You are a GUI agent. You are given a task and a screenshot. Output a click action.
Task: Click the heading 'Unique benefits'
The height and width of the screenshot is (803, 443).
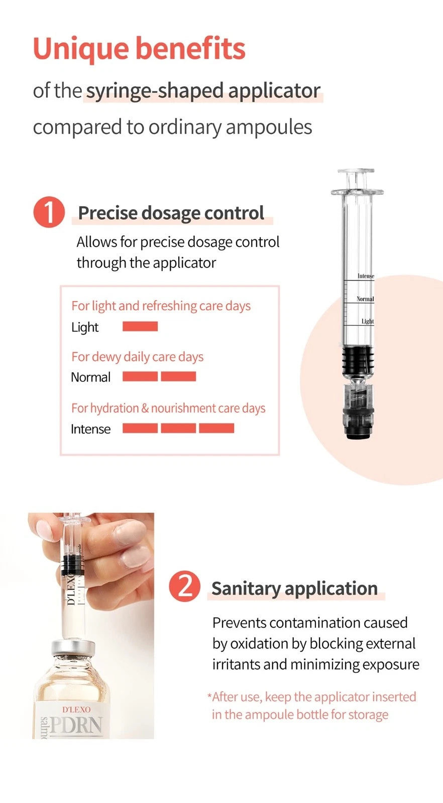point(139,49)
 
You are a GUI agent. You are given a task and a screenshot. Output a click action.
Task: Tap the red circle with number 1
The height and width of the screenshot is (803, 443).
point(49,212)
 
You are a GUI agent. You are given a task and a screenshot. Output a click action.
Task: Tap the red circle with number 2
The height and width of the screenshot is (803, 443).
point(184,586)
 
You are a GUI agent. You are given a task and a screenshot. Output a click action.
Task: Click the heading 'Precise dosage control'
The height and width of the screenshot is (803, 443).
point(171,213)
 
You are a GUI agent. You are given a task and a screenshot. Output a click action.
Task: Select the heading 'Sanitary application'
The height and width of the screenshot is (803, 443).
point(294,588)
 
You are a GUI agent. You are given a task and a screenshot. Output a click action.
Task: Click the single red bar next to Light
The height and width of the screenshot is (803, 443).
point(140,327)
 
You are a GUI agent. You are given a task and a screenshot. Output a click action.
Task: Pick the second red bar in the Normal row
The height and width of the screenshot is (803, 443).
point(178,376)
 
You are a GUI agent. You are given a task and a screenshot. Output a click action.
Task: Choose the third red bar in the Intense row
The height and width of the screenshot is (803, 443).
point(216,428)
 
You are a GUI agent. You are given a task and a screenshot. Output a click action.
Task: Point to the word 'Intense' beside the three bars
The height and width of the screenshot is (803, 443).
point(90,429)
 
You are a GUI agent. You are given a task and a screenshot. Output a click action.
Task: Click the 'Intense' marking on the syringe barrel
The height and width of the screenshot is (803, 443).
point(365,276)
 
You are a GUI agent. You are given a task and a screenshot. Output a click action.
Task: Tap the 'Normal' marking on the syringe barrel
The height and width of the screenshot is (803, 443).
point(365,299)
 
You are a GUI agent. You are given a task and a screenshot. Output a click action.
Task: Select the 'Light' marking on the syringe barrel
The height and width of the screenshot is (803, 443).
point(367,321)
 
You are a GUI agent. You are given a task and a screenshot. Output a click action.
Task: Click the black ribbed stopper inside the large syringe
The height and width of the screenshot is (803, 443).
point(357,360)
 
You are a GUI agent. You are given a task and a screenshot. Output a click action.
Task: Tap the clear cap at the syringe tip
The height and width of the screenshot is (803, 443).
point(357,406)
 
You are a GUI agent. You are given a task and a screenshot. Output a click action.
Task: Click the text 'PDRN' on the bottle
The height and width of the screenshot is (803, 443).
point(76,726)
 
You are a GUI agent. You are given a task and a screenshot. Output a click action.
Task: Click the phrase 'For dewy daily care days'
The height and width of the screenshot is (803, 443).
point(137,357)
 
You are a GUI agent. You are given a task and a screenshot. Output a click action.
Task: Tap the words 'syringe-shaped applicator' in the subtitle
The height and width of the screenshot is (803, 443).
point(203,91)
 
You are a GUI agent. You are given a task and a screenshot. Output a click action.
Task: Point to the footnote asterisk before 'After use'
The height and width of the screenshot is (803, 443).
point(209,696)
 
